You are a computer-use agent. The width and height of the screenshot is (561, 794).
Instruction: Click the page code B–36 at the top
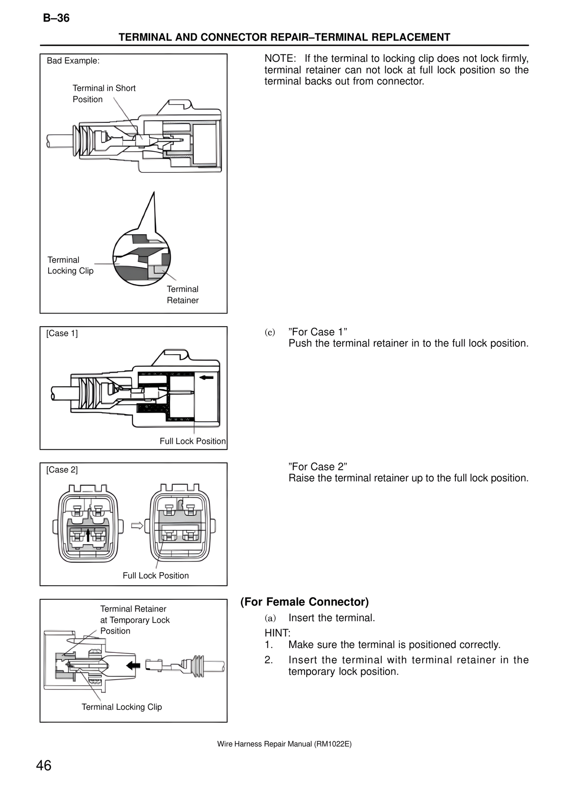[x=56, y=18]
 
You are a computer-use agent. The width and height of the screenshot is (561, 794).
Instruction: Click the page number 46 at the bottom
[x=44, y=766]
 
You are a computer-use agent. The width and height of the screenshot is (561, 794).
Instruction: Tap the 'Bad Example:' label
[x=73, y=61]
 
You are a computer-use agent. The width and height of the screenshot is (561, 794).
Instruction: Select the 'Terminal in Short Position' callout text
[x=104, y=94]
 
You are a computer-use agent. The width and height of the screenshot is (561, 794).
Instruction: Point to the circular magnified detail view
[x=141, y=258]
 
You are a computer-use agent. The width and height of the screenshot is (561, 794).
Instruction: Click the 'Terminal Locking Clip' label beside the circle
[x=70, y=265]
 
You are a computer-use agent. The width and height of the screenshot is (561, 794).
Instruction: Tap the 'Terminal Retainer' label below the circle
[x=182, y=295]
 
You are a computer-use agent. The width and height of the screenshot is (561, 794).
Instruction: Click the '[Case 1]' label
[x=62, y=333]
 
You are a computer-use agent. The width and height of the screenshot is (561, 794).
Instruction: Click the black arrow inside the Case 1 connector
[x=206, y=377]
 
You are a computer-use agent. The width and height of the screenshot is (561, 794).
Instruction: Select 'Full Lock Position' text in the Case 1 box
[x=192, y=441]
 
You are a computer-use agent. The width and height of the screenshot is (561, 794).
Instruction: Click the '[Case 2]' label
[x=62, y=470]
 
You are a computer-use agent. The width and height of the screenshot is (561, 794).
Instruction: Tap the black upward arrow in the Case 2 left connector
[x=88, y=535]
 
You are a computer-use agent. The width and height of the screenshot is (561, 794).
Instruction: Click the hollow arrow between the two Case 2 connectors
[x=137, y=525]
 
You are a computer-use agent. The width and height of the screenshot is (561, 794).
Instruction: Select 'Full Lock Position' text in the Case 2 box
[x=156, y=576]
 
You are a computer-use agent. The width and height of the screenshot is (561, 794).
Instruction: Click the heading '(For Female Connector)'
[x=304, y=602]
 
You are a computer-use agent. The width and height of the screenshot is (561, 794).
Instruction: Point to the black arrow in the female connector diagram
[x=133, y=666]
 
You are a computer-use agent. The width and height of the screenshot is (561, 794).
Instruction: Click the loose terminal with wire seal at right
[x=184, y=666]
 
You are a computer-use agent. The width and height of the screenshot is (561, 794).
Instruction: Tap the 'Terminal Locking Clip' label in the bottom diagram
[x=121, y=707]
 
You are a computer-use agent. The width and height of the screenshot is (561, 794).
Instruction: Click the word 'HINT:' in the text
[x=277, y=633]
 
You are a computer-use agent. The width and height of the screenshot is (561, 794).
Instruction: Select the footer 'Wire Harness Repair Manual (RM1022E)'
[x=284, y=744]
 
